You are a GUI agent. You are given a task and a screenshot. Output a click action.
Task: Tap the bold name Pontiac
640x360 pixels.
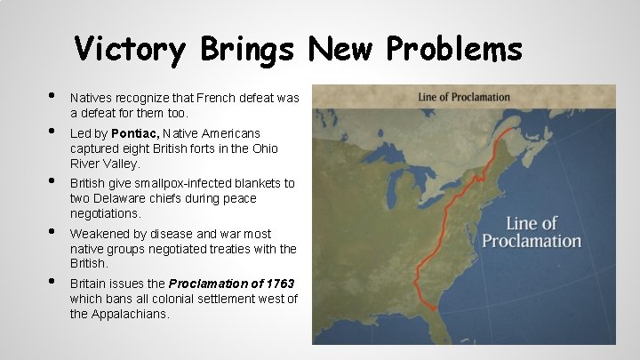(136, 132)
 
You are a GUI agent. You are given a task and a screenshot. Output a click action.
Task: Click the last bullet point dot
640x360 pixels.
(52, 281)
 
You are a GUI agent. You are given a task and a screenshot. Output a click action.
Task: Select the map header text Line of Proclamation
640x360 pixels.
(464, 97)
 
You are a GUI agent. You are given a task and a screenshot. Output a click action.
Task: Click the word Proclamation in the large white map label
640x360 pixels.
(532, 241)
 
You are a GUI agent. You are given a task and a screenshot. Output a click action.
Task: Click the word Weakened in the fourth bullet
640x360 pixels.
(98, 234)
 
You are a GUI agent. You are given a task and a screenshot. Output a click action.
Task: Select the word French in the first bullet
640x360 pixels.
(211, 98)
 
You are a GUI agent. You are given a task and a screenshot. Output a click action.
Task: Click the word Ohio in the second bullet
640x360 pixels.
(265, 148)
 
